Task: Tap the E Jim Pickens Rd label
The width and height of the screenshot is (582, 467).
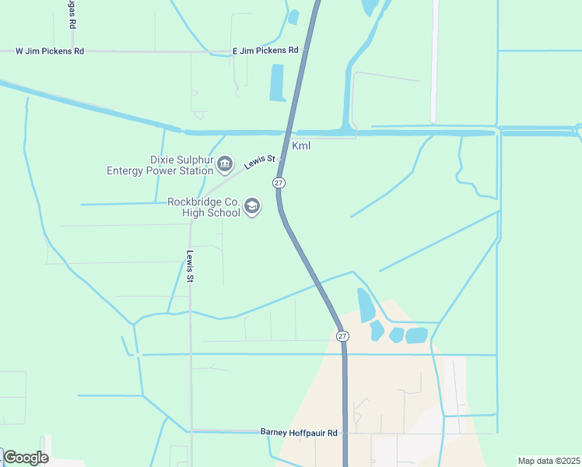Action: point(265,51)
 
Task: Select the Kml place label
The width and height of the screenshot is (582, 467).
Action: point(301,146)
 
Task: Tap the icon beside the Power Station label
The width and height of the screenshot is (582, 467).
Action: point(225,164)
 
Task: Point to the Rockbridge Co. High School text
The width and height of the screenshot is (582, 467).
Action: point(204,206)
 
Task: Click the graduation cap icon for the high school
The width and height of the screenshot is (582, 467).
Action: point(251,206)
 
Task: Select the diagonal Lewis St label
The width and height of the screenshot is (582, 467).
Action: point(260,162)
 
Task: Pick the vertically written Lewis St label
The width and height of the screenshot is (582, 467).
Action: point(189,265)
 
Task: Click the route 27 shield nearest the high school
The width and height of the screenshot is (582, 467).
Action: point(278,182)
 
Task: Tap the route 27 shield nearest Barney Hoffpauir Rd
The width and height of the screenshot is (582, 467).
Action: point(342,335)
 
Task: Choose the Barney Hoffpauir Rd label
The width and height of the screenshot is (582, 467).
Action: point(299,433)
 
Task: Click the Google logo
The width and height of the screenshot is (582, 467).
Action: point(26,458)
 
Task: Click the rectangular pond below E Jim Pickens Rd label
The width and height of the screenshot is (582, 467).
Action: point(277,83)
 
